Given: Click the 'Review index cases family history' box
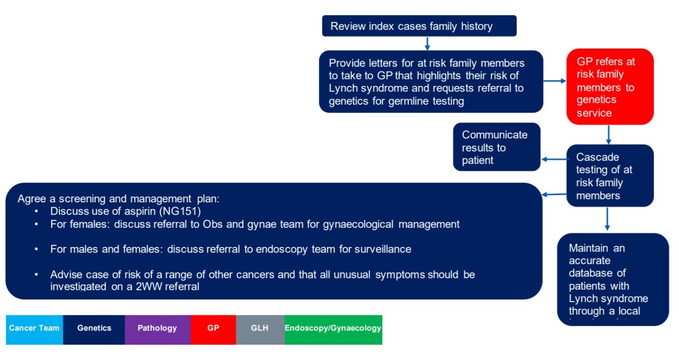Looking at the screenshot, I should point(419,26).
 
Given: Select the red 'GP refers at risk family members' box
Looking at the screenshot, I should point(610,87).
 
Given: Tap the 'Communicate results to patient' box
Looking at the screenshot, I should point(496,147).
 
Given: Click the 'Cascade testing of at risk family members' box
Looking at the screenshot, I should point(610,176).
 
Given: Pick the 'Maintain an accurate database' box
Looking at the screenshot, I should point(613,279).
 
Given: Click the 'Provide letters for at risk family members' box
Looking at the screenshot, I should point(430,82).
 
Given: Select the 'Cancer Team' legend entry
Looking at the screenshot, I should point(34,329).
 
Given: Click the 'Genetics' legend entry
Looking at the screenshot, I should point(94,329).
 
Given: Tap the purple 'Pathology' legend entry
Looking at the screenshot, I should point(157,329).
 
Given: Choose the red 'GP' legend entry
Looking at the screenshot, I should point(213,329).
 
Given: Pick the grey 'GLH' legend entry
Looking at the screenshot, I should point(260,329).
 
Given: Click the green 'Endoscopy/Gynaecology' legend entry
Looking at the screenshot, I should point(333,329).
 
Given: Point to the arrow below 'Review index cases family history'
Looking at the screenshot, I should point(427,43).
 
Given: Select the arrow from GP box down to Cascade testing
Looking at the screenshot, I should point(608,135).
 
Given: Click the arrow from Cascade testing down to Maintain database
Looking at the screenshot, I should point(607,219).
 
